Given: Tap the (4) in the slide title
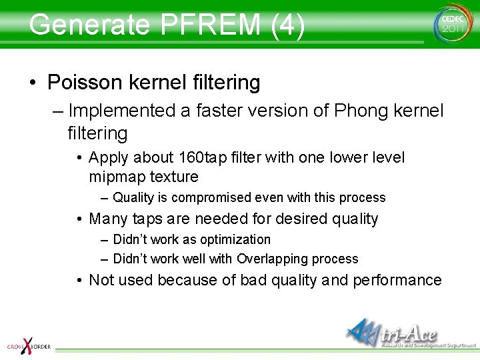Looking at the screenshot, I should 288,25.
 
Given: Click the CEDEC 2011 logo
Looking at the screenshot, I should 451,24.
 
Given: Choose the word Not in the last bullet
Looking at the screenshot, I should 101,280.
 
